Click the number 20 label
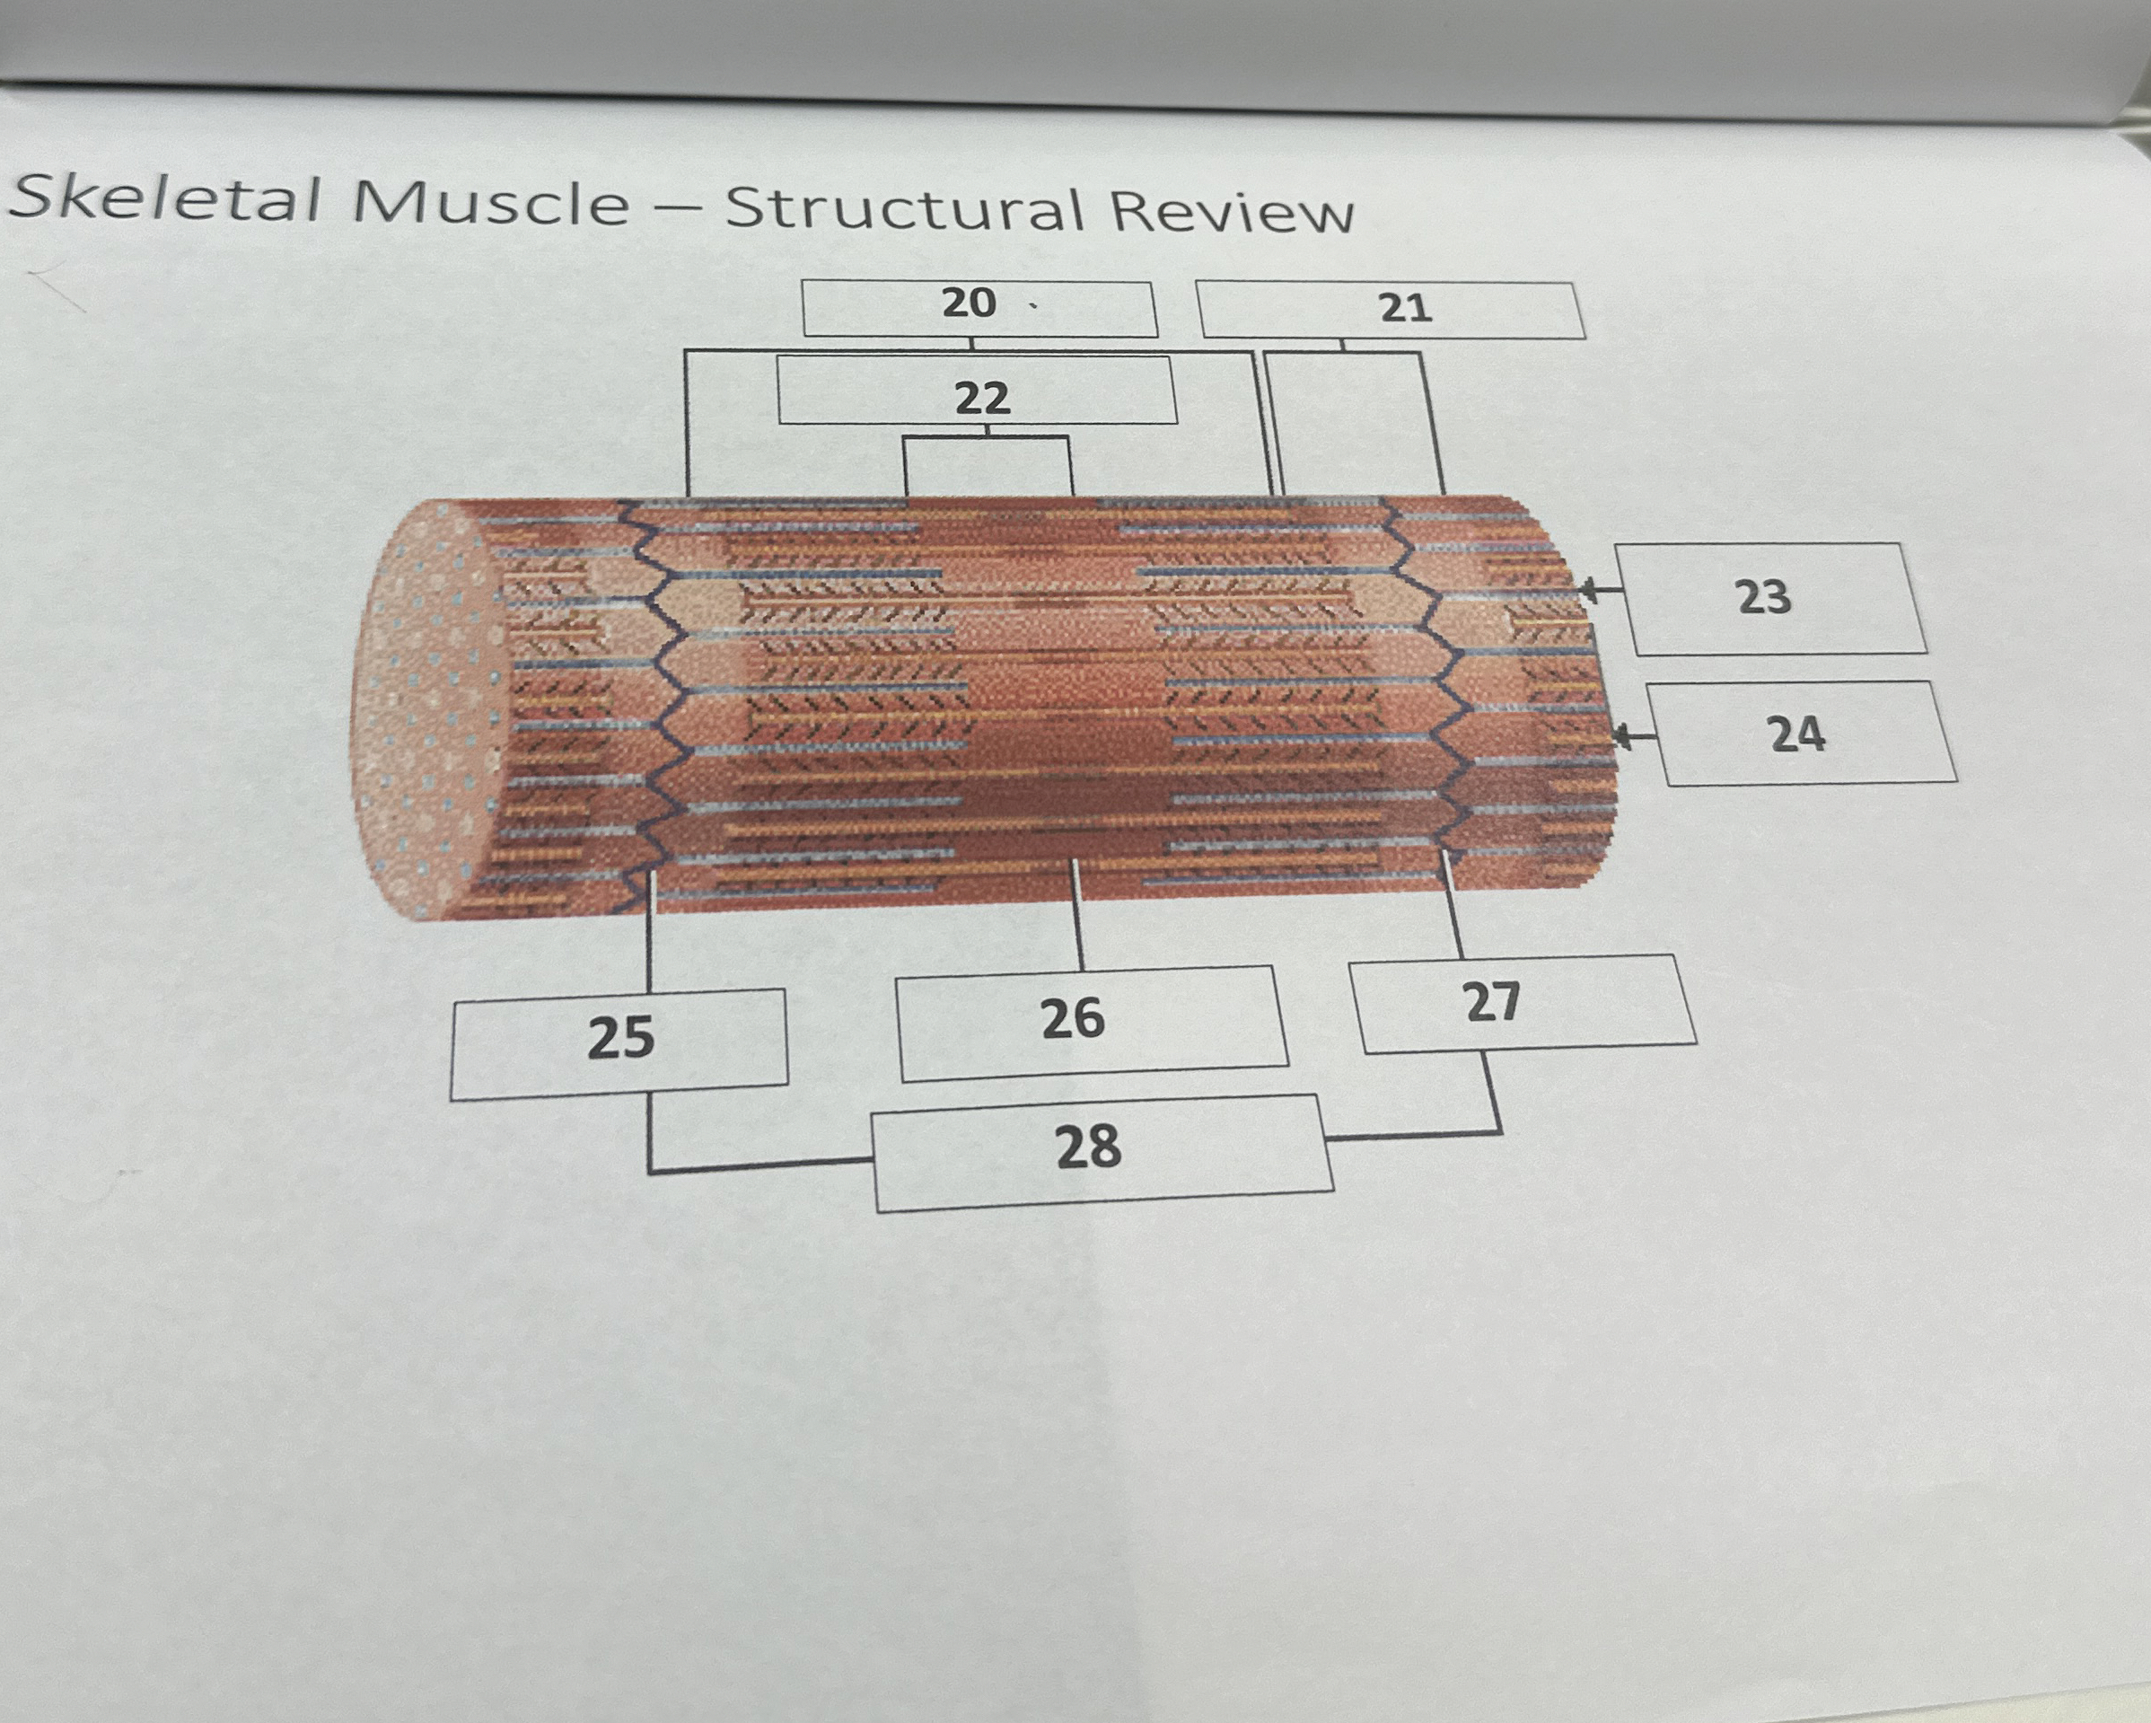pos(969,303)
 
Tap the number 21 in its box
pos(1406,308)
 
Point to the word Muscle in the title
pos(490,203)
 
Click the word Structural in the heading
pos(903,208)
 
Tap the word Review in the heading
pos(1232,213)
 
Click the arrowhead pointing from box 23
pos(1587,592)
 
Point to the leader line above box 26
pos(1076,913)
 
